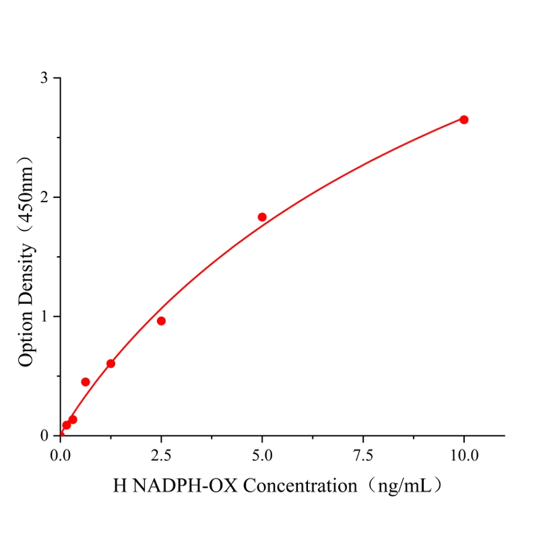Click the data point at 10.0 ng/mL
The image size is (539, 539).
tap(464, 119)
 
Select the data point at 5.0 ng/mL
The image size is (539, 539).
tap(262, 217)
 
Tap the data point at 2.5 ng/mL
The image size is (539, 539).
tap(161, 321)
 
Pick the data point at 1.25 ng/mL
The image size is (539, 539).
tap(110, 364)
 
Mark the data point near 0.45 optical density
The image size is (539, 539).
tap(86, 382)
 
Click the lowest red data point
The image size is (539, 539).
tap(66, 425)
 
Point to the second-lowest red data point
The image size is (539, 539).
tap(73, 420)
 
